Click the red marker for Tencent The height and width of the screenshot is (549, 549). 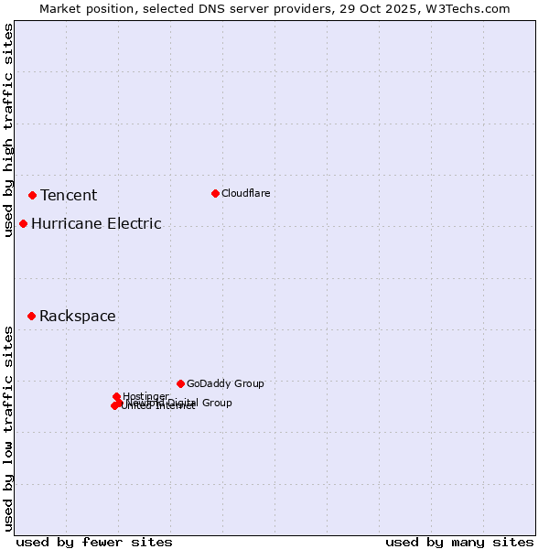pyautogui.click(x=32, y=195)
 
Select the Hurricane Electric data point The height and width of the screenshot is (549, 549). pyautogui.click(x=23, y=223)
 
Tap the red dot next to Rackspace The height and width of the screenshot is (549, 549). pyautogui.click(x=31, y=316)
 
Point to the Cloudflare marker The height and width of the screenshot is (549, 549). pyautogui.click(x=215, y=193)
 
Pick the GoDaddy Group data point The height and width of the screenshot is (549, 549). pyautogui.click(x=180, y=383)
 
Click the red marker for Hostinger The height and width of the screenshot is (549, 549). pyautogui.click(x=116, y=397)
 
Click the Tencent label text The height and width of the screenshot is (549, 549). pyautogui.click(x=69, y=195)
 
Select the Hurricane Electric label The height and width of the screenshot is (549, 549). pyautogui.click(x=96, y=223)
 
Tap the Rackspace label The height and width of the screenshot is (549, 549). pyautogui.click(x=77, y=316)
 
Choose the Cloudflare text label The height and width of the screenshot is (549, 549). pyautogui.click(x=245, y=193)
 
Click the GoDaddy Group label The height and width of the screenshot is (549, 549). pyautogui.click(x=225, y=383)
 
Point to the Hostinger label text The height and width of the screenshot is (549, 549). pyautogui.click(x=145, y=396)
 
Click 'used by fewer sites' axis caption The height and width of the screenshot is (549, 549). pyautogui.click(x=94, y=542)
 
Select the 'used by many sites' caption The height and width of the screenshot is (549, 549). pyautogui.click(x=459, y=542)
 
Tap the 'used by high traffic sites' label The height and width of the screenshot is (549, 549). pyautogui.click(x=8, y=130)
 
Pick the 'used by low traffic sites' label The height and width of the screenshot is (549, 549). pyautogui.click(x=8, y=427)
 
